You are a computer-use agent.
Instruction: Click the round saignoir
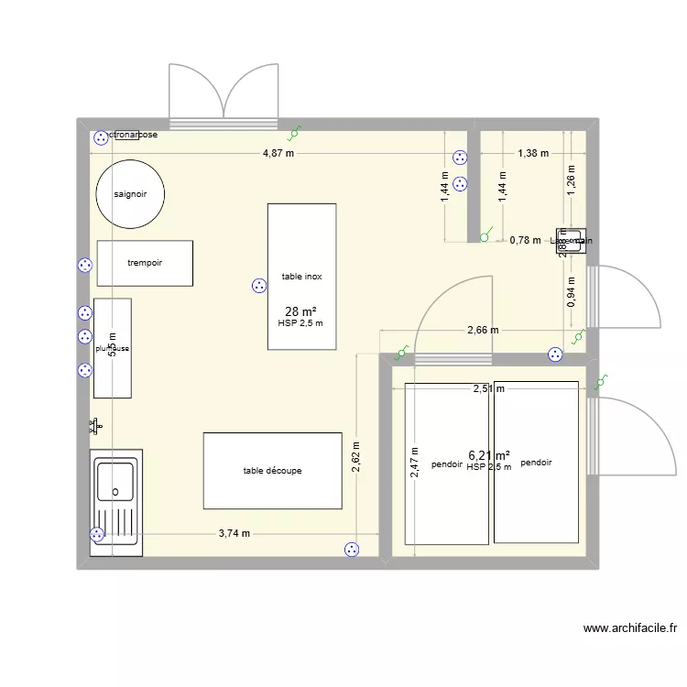131,194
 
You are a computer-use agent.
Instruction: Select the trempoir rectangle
145,263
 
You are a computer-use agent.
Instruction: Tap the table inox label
301,276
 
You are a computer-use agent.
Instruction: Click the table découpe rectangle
272,471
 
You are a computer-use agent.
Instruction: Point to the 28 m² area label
301,311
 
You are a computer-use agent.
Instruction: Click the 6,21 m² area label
488,454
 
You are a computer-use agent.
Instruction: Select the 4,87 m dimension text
278,153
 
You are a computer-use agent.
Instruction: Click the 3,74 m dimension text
234,534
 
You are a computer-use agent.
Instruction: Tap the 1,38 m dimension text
532,153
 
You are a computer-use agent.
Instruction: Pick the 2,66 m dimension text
483,331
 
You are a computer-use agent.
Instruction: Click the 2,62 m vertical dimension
355,455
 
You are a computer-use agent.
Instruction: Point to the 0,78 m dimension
525,240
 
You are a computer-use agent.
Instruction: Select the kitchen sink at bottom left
116,503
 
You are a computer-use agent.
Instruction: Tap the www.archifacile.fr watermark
629,628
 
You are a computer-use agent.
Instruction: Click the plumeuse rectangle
112,348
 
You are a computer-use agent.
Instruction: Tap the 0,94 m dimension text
572,293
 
